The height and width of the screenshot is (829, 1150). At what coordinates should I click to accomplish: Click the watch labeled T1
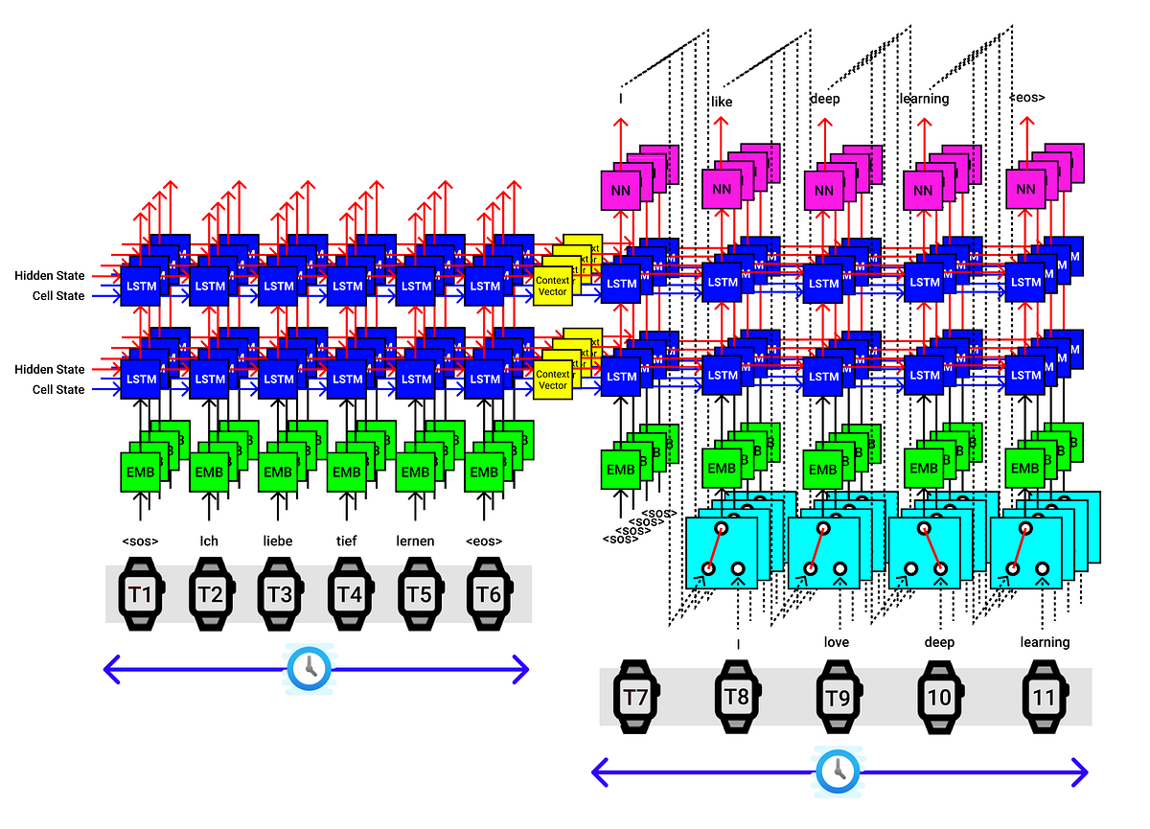(141, 594)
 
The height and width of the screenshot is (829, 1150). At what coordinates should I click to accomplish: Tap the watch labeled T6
(488, 594)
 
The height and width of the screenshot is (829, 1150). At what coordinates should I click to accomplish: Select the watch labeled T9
(838, 697)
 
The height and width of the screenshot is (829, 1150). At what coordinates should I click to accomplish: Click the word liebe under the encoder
(279, 541)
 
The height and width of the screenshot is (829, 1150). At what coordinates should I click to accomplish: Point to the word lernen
(416, 541)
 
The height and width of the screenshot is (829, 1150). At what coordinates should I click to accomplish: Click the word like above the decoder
(722, 102)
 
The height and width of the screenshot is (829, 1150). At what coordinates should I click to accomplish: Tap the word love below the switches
(836, 641)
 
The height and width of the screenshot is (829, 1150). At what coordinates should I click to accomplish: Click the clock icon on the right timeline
(839, 771)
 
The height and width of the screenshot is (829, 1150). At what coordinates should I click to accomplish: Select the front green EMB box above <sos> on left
(139, 472)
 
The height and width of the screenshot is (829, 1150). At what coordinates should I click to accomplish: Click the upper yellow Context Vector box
(553, 287)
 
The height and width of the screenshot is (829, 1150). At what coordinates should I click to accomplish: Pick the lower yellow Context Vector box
(553, 380)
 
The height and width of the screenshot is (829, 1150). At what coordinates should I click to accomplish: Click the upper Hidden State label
(49, 276)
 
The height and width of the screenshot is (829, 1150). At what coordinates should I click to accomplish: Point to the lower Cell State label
(57, 389)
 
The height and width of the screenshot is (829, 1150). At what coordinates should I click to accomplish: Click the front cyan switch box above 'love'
(823, 553)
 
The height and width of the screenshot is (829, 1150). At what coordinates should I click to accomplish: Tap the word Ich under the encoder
(209, 541)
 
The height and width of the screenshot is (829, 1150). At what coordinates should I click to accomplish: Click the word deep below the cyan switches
(939, 641)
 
